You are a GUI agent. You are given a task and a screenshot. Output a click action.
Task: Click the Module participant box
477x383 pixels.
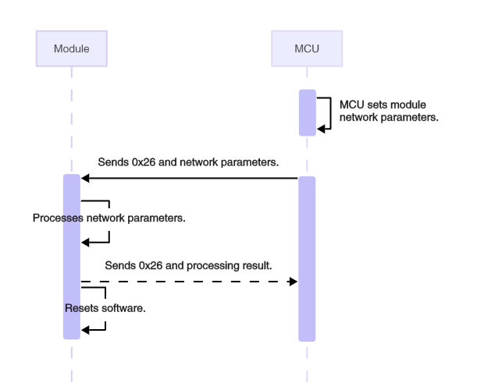[x=71, y=48]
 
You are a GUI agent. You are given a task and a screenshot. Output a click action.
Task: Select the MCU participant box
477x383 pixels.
[x=306, y=48]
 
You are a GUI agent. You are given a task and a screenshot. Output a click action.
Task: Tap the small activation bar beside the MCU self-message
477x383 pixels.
[x=307, y=113]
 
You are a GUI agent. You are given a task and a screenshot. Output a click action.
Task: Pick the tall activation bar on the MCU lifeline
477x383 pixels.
[x=307, y=257]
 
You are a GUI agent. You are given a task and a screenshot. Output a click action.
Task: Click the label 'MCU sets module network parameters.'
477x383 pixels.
[x=388, y=112]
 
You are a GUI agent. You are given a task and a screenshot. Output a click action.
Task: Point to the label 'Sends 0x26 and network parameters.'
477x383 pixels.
[x=188, y=162]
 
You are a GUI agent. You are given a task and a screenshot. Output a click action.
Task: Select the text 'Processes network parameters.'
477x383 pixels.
[x=109, y=218]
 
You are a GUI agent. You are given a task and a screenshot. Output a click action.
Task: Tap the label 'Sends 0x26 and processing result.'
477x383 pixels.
[x=188, y=265]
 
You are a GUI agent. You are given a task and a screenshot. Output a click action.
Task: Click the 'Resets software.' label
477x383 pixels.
[x=105, y=308]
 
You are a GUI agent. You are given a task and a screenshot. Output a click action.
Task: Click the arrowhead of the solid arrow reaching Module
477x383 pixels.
[x=85, y=179]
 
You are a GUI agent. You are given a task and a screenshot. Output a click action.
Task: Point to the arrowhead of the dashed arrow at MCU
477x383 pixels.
[x=294, y=281]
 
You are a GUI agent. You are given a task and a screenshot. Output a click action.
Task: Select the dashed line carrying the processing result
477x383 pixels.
[x=187, y=281]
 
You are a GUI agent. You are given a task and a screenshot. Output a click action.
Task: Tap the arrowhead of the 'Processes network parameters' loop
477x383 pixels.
[x=85, y=243]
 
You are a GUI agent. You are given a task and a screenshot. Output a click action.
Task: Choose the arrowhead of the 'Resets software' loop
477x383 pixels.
[x=85, y=329]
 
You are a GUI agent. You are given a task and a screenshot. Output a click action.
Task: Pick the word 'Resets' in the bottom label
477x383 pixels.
[x=79, y=308]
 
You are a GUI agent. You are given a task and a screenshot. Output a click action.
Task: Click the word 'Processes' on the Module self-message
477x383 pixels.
[x=55, y=218]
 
